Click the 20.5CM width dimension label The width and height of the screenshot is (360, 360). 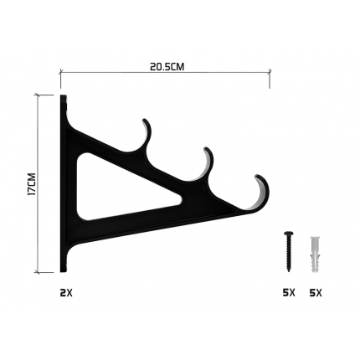(x=167, y=67)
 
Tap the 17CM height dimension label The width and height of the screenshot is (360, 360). (x=32, y=184)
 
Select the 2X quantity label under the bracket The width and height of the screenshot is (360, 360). (x=66, y=293)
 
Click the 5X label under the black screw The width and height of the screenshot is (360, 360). (x=289, y=293)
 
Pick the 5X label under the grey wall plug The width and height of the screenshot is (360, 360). (x=316, y=293)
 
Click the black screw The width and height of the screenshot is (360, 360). (x=289, y=251)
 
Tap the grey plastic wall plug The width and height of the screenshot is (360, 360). (x=315, y=255)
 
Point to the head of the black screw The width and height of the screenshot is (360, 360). (x=289, y=234)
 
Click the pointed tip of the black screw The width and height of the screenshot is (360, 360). (x=289, y=271)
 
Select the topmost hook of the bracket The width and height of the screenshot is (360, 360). (x=148, y=134)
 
